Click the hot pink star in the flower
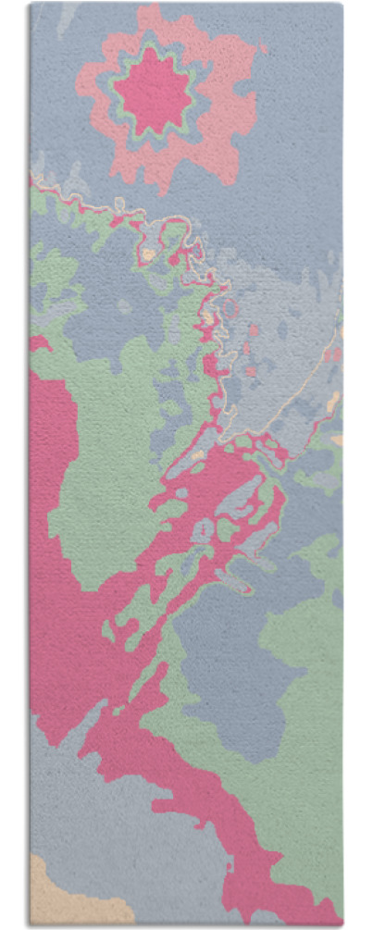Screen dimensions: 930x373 pyautogui.click(x=153, y=91)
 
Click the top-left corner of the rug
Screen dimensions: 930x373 pyautogui.click(x=31, y=4)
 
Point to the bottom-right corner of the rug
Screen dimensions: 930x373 pyautogui.click(x=342, y=924)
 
